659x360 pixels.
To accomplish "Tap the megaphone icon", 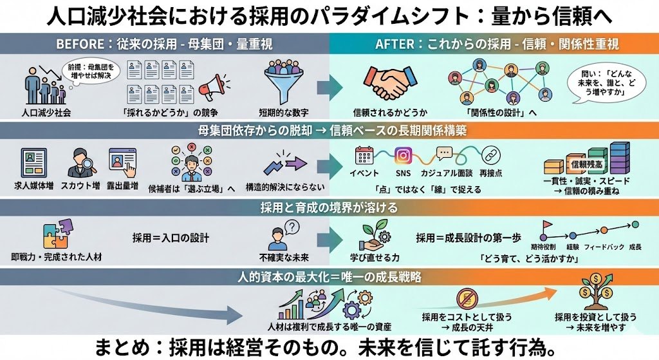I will [x=213, y=87].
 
